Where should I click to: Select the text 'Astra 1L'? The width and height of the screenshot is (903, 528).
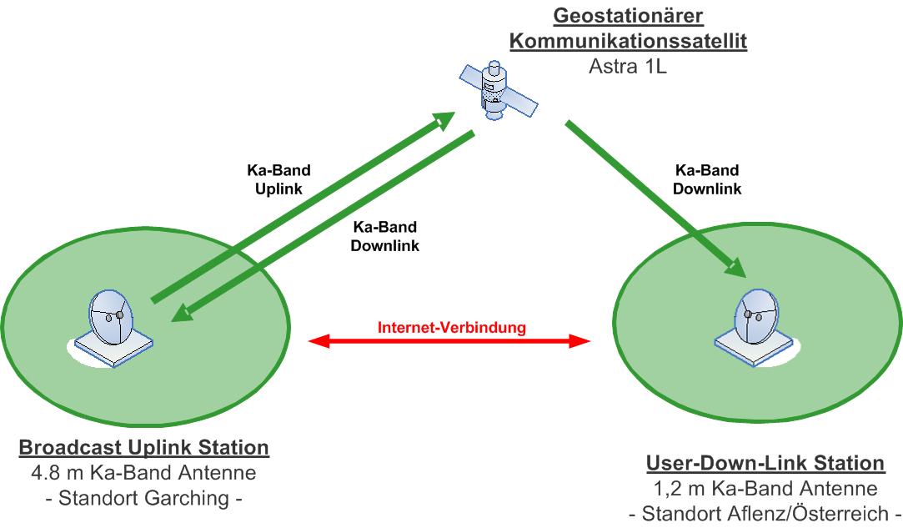point(627,66)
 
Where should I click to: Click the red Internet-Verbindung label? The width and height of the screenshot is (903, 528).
point(452,327)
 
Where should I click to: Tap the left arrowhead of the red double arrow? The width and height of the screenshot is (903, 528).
point(316,340)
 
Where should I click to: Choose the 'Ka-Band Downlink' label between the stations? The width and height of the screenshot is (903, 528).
point(386,236)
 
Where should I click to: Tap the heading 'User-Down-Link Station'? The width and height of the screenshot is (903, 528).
point(765,463)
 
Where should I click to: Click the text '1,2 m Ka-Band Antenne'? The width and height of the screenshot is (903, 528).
point(765,489)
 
